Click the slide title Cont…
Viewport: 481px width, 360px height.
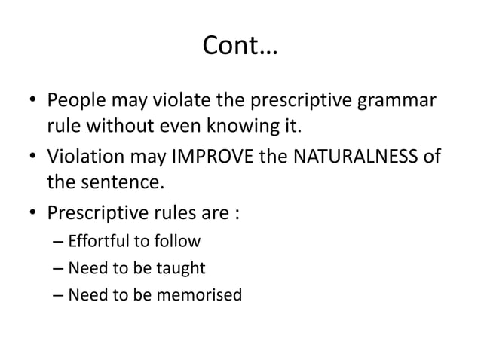click(x=240, y=49)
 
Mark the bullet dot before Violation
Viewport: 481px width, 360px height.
click(x=30, y=157)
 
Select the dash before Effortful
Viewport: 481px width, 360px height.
click(x=59, y=243)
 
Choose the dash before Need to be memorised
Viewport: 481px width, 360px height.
click(x=59, y=294)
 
